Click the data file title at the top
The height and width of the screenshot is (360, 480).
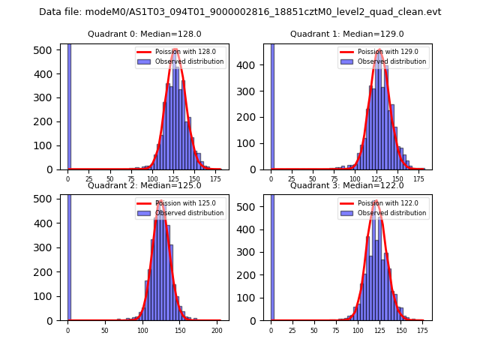tap(240, 12)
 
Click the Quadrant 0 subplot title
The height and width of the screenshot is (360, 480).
tap(145, 34)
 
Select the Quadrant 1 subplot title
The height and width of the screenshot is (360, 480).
tap(347, 34)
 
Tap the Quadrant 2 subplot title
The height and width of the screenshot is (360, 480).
tap(145, 185)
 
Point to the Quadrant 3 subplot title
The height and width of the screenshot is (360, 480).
tap(347, 185)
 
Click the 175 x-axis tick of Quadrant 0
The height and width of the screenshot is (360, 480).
tap(216, 179)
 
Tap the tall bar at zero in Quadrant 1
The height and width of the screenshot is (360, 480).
tap(271, 105)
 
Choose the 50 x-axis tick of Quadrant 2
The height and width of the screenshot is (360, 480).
tap(105, 330)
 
